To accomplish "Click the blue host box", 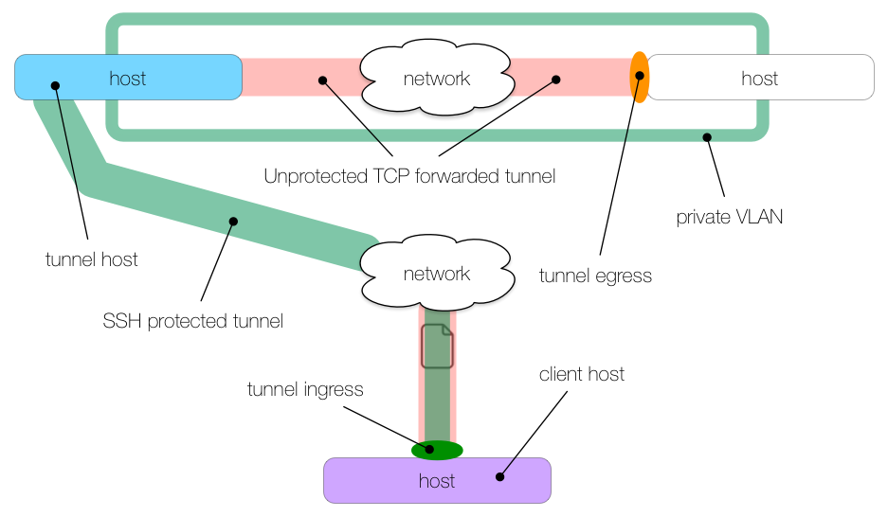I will click(x=128, y=77).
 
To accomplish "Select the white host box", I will click(x=760, y=77).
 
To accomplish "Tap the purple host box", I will click(x=437, y=480).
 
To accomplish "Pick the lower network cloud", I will click(x=436, y=273).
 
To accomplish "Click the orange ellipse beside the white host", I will click(x=640, y=78).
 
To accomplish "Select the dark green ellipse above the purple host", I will click(x=438, y=450).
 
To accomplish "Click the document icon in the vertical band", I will click(x=437, y=346).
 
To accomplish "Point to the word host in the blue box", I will click(x=128, y=79).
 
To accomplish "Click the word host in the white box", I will click(x=760, y=79).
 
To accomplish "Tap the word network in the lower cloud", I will click(x=436, y=274).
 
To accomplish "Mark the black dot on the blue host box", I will click(x=55, y=85).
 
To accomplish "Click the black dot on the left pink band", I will click(x=322, y=80).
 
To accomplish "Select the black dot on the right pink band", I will click(x=555, y=80).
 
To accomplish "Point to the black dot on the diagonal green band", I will click(x=233, y=222).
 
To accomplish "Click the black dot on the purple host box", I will click(x=500, y=476).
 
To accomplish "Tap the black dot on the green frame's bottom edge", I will click(x=706, y=137).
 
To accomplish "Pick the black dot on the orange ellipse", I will click(x=640, y=76).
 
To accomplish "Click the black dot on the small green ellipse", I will click(x=429, y=450).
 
